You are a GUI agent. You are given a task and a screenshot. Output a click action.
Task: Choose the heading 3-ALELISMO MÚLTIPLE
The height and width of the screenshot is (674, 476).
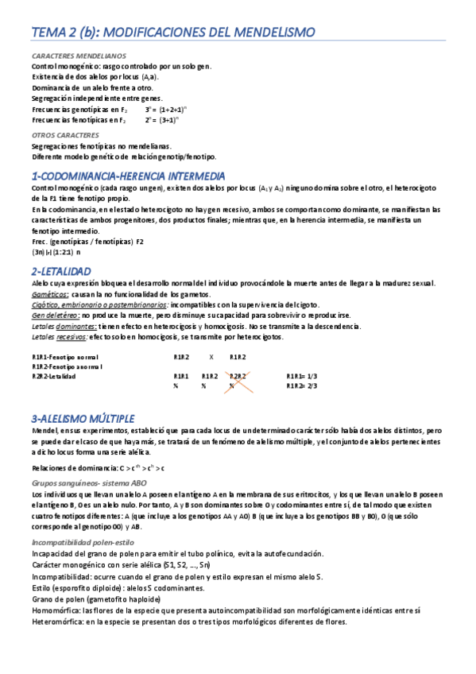click(83, 418)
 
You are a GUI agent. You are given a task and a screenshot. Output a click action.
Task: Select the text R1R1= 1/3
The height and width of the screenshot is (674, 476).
click(302, 376)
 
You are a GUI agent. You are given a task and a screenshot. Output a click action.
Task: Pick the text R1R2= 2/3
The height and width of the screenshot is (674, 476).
click(302, 386)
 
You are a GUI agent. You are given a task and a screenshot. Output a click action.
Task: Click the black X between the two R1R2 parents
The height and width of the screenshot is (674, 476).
click(211, 358)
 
